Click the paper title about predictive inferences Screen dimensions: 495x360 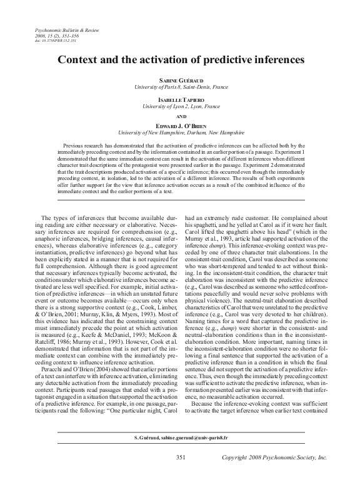point(180,61)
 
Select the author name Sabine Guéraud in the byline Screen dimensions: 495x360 point(180,81)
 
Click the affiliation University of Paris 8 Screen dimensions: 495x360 point(180,87)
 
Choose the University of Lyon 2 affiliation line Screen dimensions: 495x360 point(180,107)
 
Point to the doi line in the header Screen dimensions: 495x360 point(56,41)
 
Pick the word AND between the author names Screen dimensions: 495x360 point(180,116)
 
